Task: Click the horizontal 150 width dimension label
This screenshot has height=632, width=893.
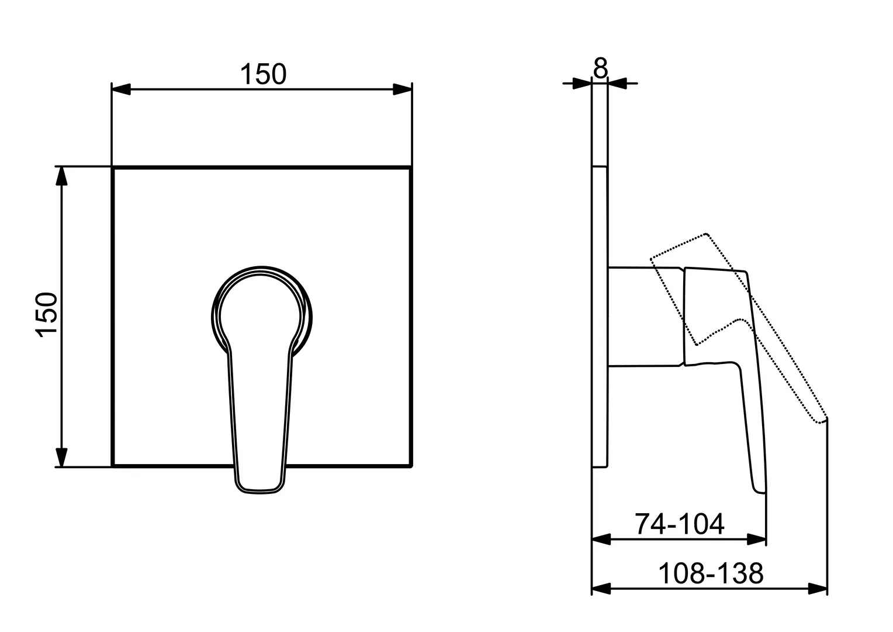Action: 263,74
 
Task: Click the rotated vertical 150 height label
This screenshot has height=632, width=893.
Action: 47,315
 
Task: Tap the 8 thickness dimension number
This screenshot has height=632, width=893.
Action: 600,68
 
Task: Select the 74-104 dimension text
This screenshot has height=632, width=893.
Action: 679,524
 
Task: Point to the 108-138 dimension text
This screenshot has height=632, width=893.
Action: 711,573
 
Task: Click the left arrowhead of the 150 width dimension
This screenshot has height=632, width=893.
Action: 121,90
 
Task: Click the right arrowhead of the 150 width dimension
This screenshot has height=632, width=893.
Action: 402,90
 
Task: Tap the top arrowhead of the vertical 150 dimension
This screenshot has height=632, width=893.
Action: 61,176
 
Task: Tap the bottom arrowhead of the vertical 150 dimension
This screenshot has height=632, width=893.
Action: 61,457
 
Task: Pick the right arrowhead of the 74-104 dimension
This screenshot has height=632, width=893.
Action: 756,540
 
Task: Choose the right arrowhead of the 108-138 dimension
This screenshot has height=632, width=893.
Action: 818,589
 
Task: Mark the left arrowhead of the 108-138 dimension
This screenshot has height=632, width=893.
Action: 601,589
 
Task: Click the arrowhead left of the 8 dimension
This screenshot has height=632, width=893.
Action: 582,84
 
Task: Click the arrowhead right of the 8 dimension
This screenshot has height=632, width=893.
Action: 618,84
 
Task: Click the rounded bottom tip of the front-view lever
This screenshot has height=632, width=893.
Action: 259,492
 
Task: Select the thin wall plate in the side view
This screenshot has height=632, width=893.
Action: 600,316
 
